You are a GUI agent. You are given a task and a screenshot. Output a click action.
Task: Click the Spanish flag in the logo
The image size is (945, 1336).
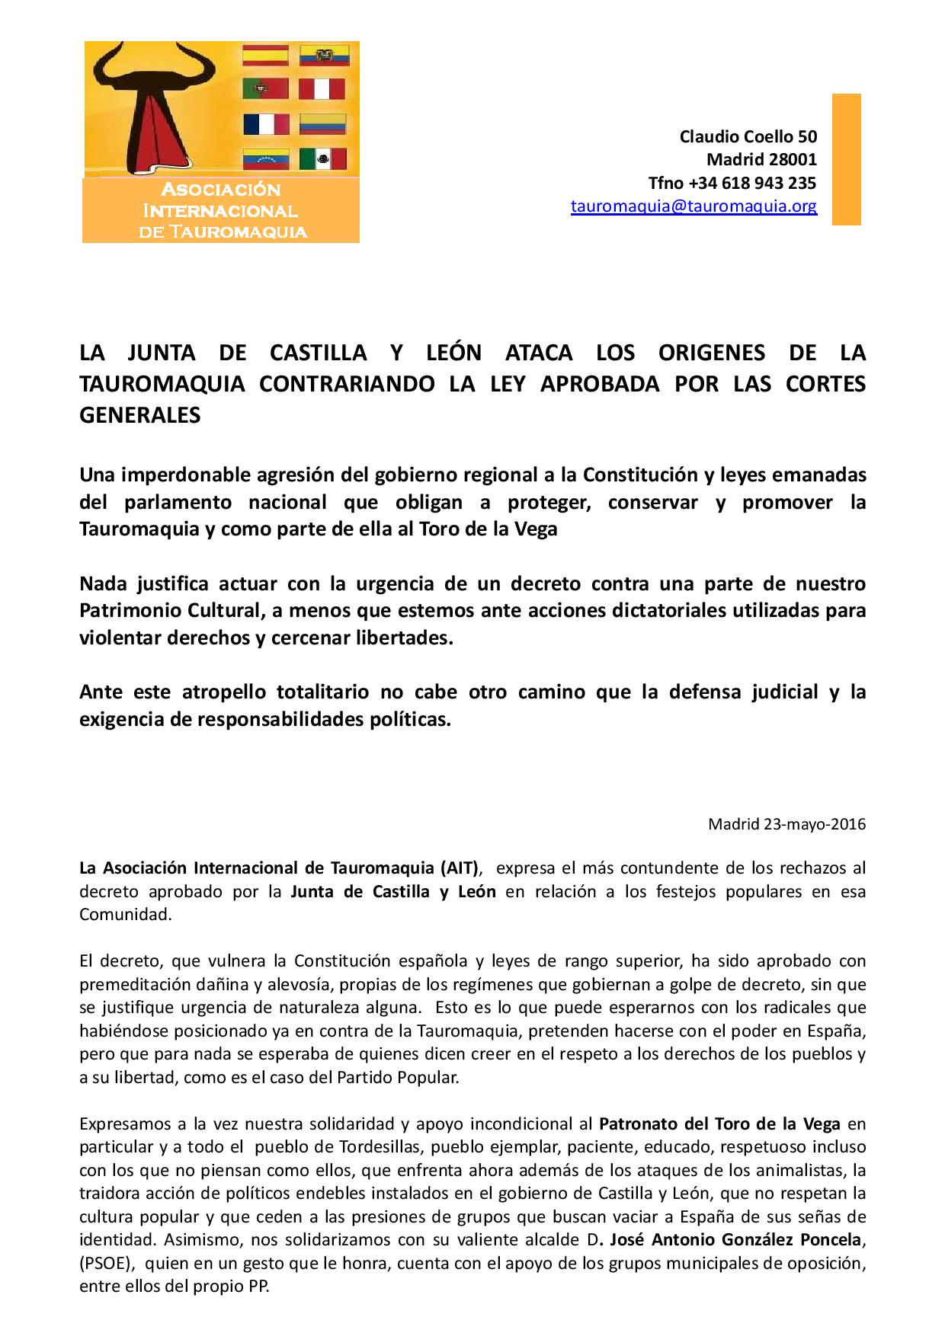265,55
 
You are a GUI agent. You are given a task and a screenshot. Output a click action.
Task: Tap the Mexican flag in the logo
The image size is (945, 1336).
322,158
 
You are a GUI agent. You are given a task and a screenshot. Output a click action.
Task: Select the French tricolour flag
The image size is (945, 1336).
266,123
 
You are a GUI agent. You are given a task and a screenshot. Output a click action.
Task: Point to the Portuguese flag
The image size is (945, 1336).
265,89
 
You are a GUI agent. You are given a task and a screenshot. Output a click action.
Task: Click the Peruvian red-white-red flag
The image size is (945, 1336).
322,89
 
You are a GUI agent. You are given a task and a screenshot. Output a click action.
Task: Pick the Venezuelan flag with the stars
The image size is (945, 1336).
265,158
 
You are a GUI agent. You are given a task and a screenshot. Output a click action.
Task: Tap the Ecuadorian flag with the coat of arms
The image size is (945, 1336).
323,55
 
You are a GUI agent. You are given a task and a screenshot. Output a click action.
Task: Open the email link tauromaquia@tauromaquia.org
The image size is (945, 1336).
694,206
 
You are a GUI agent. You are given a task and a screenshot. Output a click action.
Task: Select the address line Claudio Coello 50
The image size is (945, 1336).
748,136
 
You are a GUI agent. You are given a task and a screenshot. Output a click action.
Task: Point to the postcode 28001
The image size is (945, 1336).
792,160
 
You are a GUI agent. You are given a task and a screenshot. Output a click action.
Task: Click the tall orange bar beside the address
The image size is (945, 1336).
845,159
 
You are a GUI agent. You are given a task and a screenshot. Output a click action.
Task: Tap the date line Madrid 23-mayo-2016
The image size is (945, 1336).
786,824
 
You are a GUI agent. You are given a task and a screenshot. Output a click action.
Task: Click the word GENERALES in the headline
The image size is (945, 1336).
140,415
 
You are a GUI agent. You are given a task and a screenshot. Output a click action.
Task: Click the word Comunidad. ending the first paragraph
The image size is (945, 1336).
126,915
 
